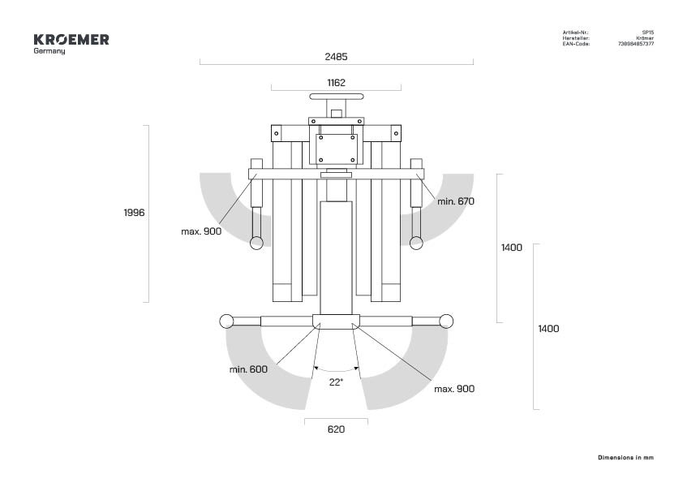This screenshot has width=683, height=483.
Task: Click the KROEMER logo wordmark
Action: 71,40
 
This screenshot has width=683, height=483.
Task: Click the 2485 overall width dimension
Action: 336,57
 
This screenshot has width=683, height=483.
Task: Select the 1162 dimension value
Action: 336,83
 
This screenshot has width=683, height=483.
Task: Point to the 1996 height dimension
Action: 134,213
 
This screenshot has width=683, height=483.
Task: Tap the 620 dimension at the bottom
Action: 336,429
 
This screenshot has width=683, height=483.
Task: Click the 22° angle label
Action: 336,382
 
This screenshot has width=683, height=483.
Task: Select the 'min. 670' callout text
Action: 456,201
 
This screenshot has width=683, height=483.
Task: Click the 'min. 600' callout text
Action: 248,369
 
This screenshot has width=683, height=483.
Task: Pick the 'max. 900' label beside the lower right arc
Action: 454,389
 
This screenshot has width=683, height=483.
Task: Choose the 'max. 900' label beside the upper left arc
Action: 201,231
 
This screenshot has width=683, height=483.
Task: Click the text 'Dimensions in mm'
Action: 625,458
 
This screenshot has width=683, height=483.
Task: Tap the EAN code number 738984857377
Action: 636,44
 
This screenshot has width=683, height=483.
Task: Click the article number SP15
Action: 648,32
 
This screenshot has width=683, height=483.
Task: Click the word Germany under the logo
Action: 49,51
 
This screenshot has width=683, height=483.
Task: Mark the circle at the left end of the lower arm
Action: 226,321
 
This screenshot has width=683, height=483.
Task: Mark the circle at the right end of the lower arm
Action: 446,321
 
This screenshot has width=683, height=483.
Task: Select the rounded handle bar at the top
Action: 337,97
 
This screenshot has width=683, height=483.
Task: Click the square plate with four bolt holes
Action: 337,149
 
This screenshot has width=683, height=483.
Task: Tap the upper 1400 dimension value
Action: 511,248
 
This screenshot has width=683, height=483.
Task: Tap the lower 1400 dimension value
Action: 548,329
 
